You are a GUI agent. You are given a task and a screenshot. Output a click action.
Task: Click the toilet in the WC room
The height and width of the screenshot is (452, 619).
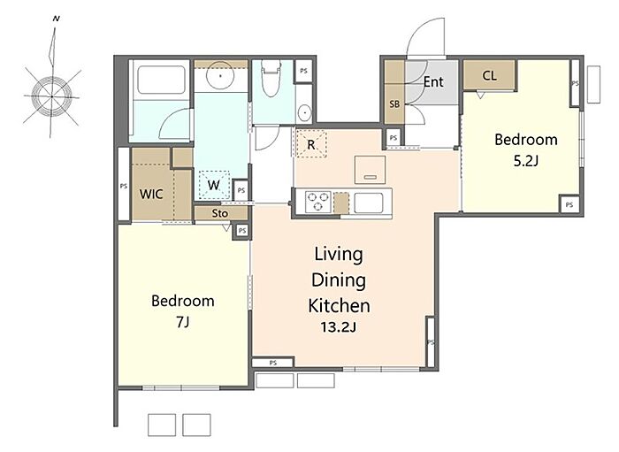click(x=271, y=78)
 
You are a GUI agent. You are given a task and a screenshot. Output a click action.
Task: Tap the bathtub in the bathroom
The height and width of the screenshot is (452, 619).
click(x=161, y=80)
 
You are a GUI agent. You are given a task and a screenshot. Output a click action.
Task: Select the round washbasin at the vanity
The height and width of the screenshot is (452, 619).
click(x=220, y=74)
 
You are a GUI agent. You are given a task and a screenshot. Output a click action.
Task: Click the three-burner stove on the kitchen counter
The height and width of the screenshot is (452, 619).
click(x=318, y=202)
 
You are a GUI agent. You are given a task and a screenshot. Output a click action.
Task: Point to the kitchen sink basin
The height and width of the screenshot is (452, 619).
click(x=369, y=203)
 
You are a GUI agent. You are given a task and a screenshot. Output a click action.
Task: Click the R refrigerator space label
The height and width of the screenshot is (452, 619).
click(x=311, y=144)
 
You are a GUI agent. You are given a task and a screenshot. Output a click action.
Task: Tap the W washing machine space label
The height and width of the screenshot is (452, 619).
click(x=214, y=185)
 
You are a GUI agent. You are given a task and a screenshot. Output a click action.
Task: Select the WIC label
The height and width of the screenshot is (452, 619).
click(x=151, y=194)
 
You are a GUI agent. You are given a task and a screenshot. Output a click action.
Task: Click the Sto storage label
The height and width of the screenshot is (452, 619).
click(x=220, y=213)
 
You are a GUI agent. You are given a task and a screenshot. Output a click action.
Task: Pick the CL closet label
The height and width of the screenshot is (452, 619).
click(x=490, y=75)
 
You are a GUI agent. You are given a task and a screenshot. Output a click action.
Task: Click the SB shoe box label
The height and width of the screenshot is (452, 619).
click(x=394, y=103)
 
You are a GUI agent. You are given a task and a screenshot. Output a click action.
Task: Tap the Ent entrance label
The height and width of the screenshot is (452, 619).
click(x=433, y=81)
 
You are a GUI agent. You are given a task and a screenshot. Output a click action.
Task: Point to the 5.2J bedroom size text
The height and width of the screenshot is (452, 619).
click(x=526, y=161)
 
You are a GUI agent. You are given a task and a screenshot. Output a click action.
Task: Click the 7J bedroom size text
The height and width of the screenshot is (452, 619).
click(x=182, y=322)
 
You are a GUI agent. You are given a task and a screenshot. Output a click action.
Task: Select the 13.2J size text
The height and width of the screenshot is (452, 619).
click(x=339, y=327)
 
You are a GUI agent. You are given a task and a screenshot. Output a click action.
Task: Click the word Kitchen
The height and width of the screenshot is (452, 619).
click(x=339, y=306)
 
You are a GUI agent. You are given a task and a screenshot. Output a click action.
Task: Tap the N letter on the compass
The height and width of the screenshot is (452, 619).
click(x=56, y=19)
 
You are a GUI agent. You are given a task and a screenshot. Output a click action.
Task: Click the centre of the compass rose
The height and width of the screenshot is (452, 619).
click(x=52, y=96)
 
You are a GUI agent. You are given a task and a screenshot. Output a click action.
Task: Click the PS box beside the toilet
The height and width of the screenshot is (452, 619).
click(x=303, y=71)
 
